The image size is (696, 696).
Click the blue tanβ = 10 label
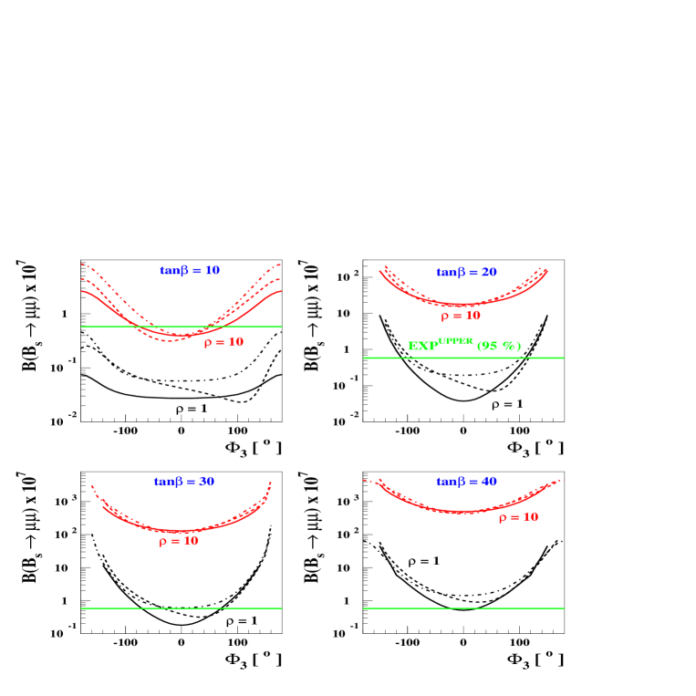(190, 271)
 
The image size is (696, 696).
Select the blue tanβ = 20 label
(466, 273)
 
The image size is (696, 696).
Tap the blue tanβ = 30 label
(184, 482)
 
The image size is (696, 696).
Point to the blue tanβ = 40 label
(466, 482)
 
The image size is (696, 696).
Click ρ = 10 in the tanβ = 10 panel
(223, 342)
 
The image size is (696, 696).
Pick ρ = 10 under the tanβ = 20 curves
(460, 316)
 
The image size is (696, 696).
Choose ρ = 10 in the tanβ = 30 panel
(178, 541)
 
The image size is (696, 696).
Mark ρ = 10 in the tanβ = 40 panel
(518, 517)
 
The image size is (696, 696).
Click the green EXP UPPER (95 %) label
(463, 346)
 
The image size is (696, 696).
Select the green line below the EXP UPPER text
(463, 358)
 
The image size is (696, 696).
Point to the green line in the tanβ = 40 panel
(463, 608)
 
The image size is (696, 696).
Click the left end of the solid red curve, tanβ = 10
(82, 291)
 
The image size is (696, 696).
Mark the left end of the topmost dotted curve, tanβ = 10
(82, 264)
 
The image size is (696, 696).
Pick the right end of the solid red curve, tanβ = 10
(281, 291)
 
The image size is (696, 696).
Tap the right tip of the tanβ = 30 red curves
(271, 483)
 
